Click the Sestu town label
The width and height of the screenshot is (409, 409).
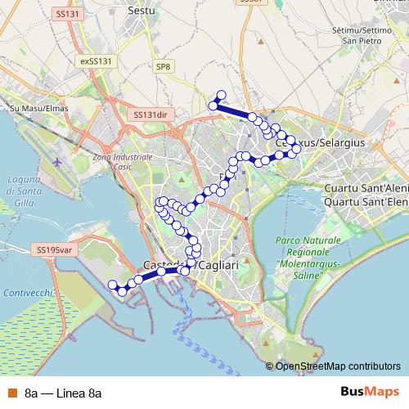tap(142, 11)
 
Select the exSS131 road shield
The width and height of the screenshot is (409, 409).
tap(96, 61)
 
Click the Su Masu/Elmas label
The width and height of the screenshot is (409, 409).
tap(36, 107)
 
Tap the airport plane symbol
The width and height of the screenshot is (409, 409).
tap(57, 160)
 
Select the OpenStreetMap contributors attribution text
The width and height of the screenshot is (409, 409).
tap(338, 366)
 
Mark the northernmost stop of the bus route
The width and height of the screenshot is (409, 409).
tap(221, 94)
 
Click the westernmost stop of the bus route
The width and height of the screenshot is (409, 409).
tap(113, 284)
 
